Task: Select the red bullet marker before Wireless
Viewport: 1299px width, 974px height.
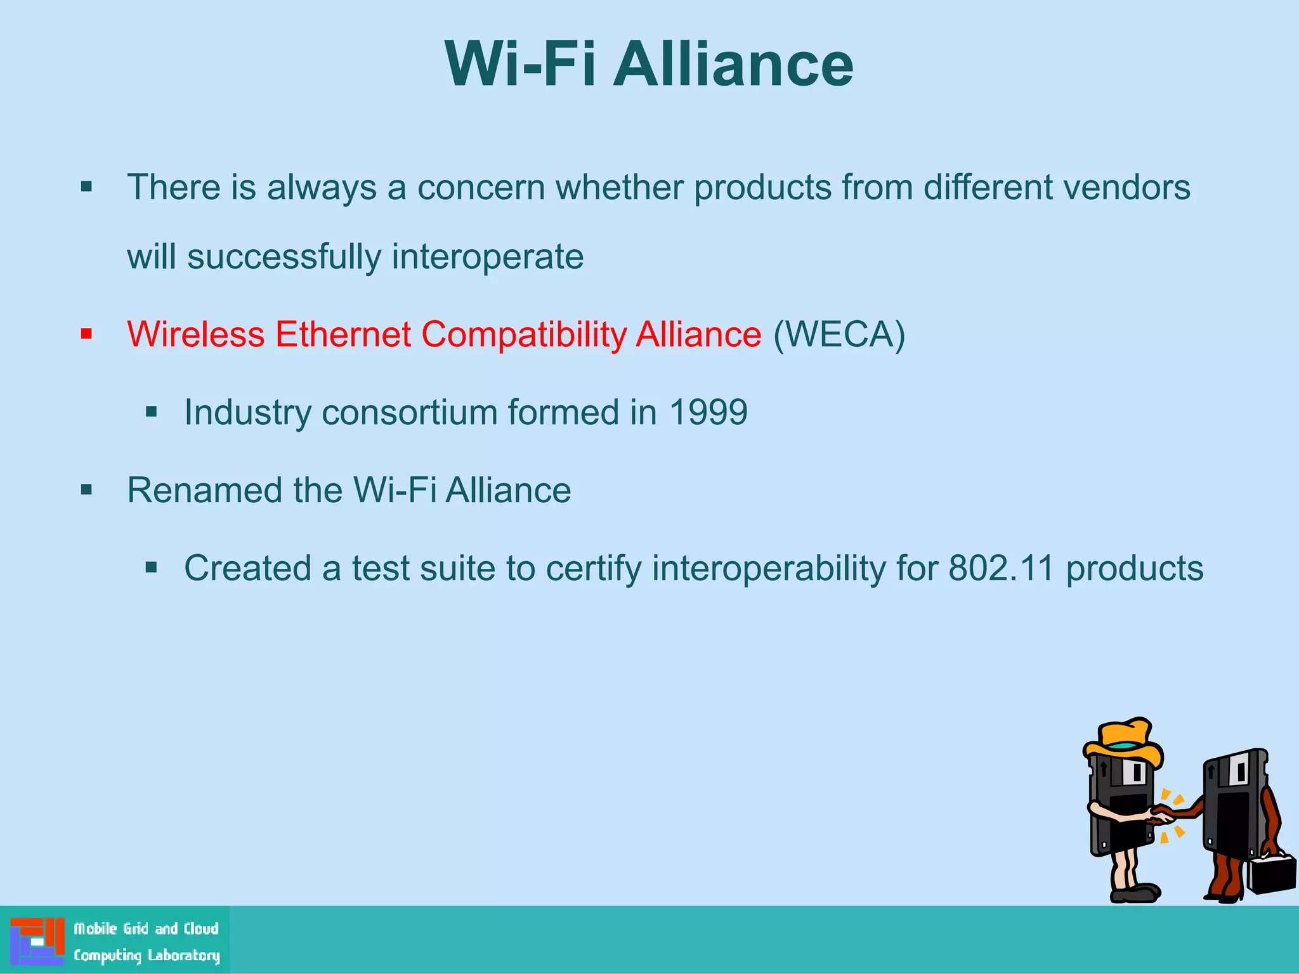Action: (x=87, y=334)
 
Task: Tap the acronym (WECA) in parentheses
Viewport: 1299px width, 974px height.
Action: (x=839, y=334)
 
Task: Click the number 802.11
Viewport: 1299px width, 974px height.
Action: (x=1000, y=568)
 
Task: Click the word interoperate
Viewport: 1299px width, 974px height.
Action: (x=487, y=257)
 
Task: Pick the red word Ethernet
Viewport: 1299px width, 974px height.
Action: (x=343, y=334)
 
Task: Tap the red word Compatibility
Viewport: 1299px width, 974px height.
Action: (x=524, y=335)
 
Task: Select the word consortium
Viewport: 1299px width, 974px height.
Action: (x=409, y=412)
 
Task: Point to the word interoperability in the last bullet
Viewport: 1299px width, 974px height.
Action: (x=768, y=569)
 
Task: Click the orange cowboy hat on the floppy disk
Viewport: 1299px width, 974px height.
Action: (x=1124, y=741)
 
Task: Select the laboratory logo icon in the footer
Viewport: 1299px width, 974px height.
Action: (x=37, y=940)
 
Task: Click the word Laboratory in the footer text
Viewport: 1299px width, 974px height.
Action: (x=183, y=956)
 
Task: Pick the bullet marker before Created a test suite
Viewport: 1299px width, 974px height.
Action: (x=151, y=568)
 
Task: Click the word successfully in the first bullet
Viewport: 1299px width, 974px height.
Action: (x=284, y=257)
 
